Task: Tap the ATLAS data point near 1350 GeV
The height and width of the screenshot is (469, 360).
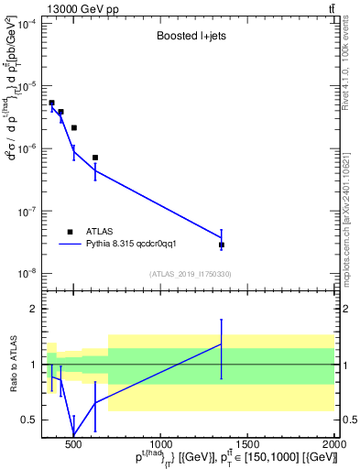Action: (222, 245)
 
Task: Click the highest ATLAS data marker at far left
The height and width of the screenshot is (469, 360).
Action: (51, 103)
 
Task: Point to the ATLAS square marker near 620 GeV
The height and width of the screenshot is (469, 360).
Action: (95, 158)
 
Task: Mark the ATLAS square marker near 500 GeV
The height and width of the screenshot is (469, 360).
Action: (74, 127)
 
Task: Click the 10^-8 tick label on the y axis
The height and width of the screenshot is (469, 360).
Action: (26, 273)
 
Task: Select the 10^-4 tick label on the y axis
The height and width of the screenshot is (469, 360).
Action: (26, 24)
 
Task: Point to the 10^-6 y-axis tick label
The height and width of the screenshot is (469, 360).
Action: (26, 148)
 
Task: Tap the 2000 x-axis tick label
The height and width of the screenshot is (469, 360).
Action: (334, 446)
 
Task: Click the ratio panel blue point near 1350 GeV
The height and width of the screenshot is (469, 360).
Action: (222, 344)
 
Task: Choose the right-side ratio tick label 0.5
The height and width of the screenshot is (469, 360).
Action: (349, 420)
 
